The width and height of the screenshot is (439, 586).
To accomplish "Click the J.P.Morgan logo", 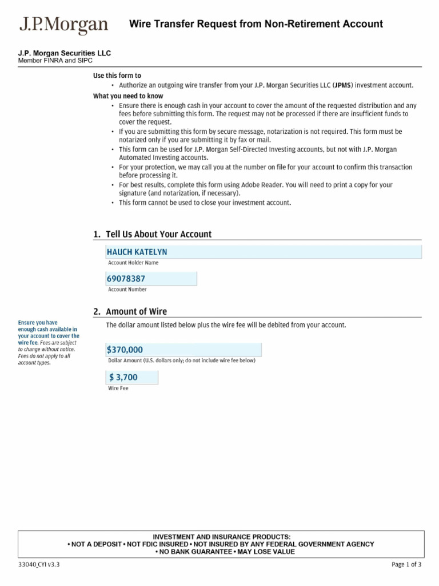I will (x=63, y=25).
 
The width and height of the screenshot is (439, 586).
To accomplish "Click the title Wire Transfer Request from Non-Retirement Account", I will (x=256, y=24).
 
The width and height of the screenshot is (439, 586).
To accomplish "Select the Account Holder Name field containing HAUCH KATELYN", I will (x=264, y=252).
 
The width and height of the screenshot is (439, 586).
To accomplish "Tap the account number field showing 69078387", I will (x=151, y=279).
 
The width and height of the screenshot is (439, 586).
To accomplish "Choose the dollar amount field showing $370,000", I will (x=183, y=350).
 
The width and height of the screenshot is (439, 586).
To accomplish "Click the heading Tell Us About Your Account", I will (x=153, y=234).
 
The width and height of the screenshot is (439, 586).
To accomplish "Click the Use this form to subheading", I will (x=117, y=76).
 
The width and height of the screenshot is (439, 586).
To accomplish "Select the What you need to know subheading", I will (x=128, y=96).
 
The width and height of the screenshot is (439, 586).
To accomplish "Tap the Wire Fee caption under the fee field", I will (x=118, y=389).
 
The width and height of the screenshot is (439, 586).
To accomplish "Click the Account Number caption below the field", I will (x=127, y=290).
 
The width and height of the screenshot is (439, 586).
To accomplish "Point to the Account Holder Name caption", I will (x=133, y=263).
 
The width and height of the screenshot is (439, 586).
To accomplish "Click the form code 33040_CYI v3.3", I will (x=39, y=565).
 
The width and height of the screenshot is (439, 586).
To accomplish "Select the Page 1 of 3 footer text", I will (x=406, y=565).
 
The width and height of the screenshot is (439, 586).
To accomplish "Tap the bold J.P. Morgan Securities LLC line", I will (x=65, y=53).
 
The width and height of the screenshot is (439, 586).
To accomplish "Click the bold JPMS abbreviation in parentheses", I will (x=343, y=85).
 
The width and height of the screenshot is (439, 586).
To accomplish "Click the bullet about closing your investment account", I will (x=205, y=203).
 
